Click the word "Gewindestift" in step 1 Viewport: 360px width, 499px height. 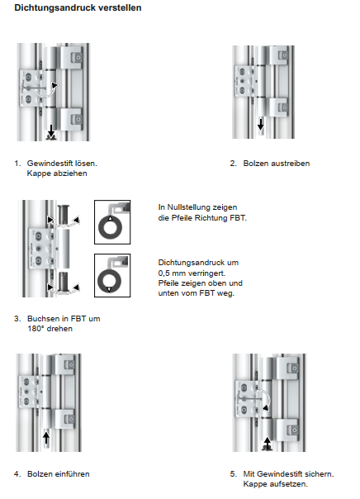point(50,164)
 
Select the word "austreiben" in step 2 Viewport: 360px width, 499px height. point(291,164)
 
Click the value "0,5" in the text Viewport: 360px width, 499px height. point(163,273)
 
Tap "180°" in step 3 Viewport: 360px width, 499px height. point(36,329)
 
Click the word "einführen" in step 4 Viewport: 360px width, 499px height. point(72,474)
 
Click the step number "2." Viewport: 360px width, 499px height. point(234,164)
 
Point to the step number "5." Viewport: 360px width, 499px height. point(234,474)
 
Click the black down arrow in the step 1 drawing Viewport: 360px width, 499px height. point(51,130)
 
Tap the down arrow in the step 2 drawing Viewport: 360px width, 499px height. point(260,124)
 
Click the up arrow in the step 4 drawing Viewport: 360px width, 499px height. point(46,437)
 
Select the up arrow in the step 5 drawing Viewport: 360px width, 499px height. point(268,442)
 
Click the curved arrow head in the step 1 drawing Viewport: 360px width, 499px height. point(54,85)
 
